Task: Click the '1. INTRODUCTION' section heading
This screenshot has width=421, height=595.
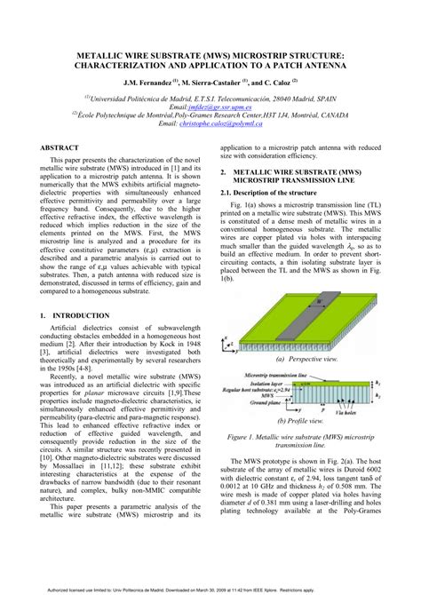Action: [80, 315]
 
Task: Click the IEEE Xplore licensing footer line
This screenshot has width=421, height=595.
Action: [210, 587]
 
